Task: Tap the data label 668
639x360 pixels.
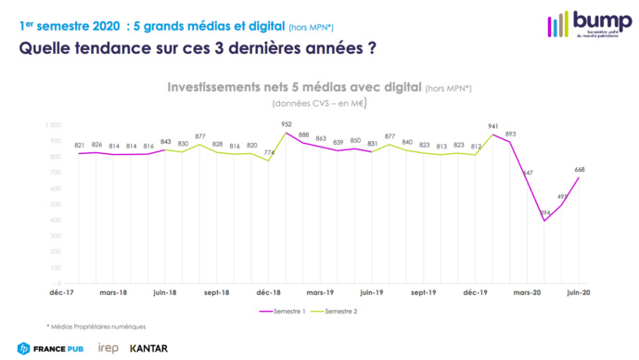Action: click(x=579, y=169)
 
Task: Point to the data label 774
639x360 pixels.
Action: click(x=269, y=152)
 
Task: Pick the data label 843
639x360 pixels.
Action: click(x=166, y=141)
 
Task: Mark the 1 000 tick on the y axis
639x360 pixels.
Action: click(x=53, y=124)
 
